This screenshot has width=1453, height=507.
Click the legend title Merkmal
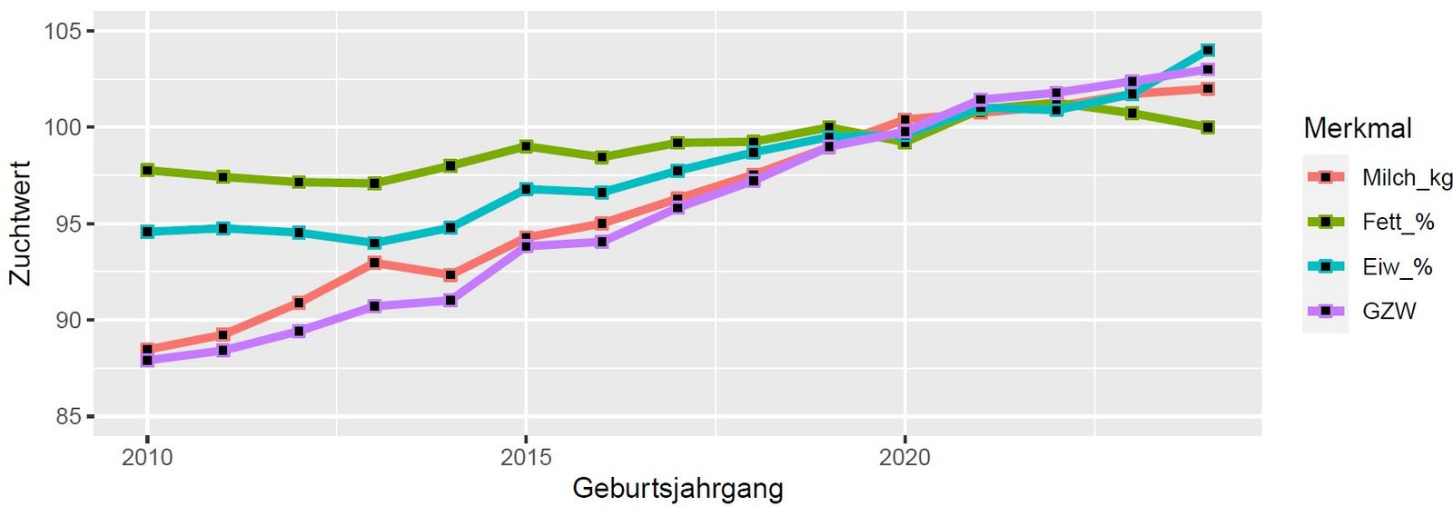pos(1358,128)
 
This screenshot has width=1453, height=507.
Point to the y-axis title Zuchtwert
pos(20,224)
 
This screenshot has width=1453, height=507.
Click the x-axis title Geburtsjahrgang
pos(677,488)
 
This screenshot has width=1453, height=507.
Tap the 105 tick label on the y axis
pos(63,32)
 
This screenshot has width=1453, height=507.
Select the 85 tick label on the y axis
pos(67,417)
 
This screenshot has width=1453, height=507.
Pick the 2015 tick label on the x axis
pos(526,457)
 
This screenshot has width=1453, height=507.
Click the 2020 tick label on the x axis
pos(904,457)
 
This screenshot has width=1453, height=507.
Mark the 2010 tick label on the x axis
pos(147,457)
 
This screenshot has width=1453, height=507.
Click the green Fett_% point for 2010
pos(147,170)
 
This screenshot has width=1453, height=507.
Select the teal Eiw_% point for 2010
pos(147,232)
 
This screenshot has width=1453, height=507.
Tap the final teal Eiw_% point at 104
pos(1208,50)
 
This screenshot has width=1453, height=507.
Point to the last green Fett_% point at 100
pos(1208,127)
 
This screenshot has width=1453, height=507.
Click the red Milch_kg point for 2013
pos(374,263)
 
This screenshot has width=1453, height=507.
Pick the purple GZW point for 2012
pos(299,331)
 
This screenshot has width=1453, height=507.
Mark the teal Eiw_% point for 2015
pos(526,189)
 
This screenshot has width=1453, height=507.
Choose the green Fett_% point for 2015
pos(526,146)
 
